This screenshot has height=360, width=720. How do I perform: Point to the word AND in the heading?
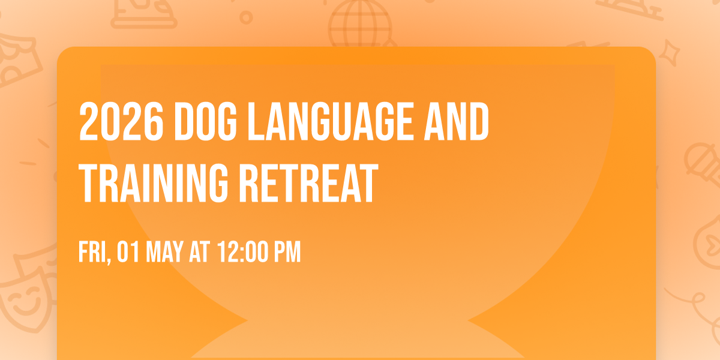pyautogui.click(x=460, y=122)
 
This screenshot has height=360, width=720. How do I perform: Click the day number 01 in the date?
pyautogui.click(x=128, y=253)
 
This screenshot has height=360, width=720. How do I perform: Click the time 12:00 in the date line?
pyautogui.click(x=242, y=253)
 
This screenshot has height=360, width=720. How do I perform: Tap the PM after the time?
pyautogui.click(x=286, y=253)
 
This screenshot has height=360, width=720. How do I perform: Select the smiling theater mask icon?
pyautogui.click(x=24, y=300)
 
